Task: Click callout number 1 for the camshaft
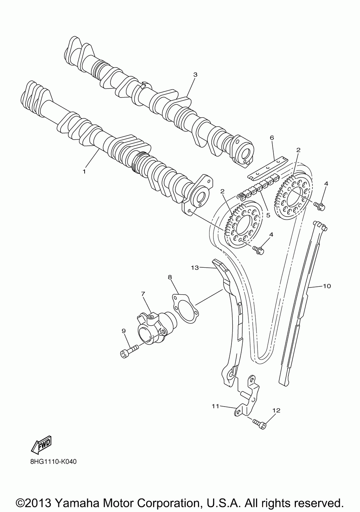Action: (84, 172)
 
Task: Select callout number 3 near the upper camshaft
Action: (195, 75)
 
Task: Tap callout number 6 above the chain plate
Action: (272, 138)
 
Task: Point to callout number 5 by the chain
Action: (268, 215)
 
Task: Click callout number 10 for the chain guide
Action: (327, 286)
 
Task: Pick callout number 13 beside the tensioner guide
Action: (195, 267)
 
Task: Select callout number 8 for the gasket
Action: (170, 277)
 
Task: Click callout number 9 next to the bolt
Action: (123, 330)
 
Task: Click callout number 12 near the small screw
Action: (276, 410)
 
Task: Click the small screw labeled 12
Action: (259, 423)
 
